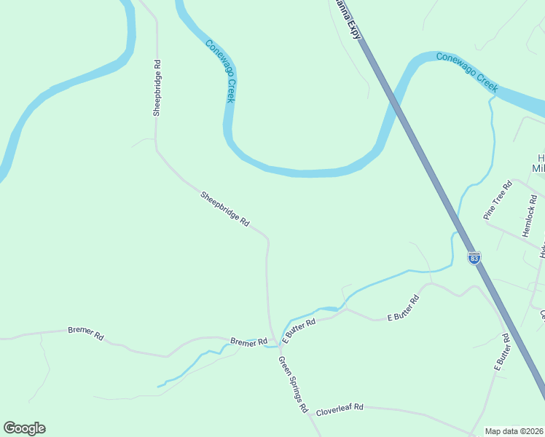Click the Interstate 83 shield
[x=474, y=258]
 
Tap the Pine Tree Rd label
[x=498, y=201]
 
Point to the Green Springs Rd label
[x=293, y=385]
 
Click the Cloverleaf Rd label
[x=340, y=409]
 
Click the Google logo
[x=24, y=428]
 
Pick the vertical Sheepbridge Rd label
[x=157, y=88]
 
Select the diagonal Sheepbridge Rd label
[x=225, y=209]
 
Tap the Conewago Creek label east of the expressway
[x=466, y=71]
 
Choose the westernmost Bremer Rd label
[x=86, y=334]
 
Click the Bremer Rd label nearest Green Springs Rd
[x=249, y=342]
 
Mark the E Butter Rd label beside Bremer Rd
[x=299, y=331]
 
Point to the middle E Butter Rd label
[x=403, y=308]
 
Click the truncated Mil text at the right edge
[x=538, y=168]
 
